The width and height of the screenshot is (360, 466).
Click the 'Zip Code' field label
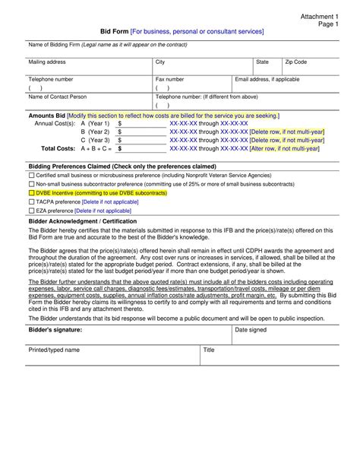click(295, 61)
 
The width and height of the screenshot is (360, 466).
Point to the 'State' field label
click(262, 61)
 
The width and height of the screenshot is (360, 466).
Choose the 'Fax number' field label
click(169, 79)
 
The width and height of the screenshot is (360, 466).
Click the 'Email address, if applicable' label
click(267, 79)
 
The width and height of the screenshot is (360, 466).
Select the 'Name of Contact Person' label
click(58, 97)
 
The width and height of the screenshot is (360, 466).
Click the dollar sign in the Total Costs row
click(120, 149)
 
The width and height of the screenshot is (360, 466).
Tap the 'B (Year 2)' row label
click(95, 132)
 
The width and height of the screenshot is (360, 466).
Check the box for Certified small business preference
click(32, 175)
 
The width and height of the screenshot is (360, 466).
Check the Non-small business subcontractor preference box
click(32, 184)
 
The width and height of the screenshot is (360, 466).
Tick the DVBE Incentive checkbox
click(32, 193)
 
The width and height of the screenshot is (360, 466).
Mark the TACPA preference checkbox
click(32, 202)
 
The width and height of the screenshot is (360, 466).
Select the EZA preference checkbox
click(32, 211)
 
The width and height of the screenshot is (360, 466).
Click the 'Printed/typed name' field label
click(54, 350)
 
